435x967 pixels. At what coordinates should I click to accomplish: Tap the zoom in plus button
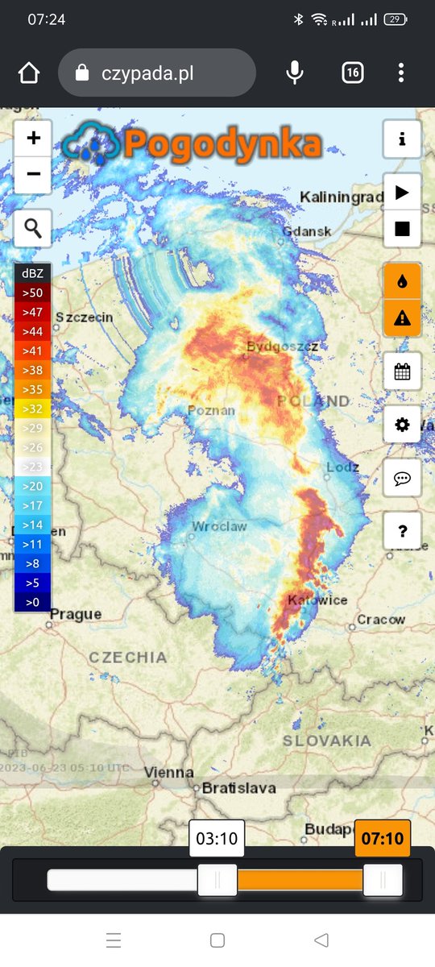[x=33, y=139]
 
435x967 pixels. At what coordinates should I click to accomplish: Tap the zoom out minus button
[x=33, y=174]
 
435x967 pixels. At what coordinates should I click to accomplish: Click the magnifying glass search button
[x=33, y=228]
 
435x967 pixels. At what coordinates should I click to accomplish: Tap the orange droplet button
[x=402, y=282]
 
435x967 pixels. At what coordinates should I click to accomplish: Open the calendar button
[x=402, y=371]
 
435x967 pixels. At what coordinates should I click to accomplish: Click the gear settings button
[x=402, y=425]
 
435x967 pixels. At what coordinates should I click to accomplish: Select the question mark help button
[x=402, y=530]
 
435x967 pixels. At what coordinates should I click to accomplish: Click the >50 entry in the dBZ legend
[x=33, y=293]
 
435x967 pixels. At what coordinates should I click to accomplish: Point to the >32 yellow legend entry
[x=33, y=409]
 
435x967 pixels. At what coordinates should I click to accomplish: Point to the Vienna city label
[x=168, y=772]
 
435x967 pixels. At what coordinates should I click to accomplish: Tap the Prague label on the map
[x=76, y=614]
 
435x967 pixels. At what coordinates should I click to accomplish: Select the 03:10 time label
[x=217, y=839]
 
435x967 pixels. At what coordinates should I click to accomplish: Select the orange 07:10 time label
[x=383, y=839]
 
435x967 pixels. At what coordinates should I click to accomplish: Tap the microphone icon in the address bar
[x=295, y=73]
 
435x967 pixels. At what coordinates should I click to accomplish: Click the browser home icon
[x=29, y=73]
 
